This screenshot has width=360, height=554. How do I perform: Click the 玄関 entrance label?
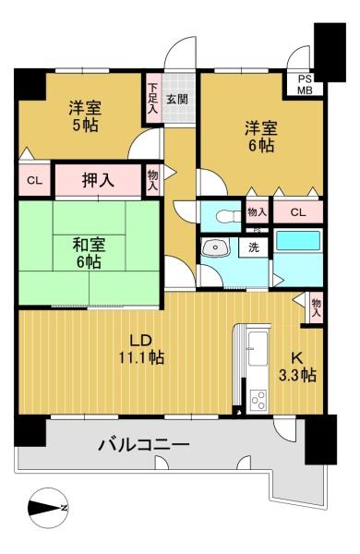177,100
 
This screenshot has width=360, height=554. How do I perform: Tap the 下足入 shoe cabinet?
152,99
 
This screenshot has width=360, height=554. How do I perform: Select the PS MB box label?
305,84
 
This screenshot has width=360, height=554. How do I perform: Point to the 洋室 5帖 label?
85,116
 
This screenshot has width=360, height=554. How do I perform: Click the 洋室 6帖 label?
261,137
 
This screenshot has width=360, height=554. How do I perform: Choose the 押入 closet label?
98,180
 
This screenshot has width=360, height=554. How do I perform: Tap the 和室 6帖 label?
89,253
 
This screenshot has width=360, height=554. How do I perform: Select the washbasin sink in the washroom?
214,247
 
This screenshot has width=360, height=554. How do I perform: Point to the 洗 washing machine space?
253,247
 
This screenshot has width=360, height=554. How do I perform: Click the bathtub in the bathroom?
298,241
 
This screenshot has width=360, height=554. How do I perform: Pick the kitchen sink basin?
258,349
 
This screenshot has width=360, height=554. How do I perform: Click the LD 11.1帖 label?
141,350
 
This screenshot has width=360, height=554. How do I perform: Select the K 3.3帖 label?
296,367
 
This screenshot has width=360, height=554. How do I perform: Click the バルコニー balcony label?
144,445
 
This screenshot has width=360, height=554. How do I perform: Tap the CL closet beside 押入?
35,181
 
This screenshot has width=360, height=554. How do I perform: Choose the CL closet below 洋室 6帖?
298,212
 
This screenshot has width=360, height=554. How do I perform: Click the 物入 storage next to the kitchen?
316,307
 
